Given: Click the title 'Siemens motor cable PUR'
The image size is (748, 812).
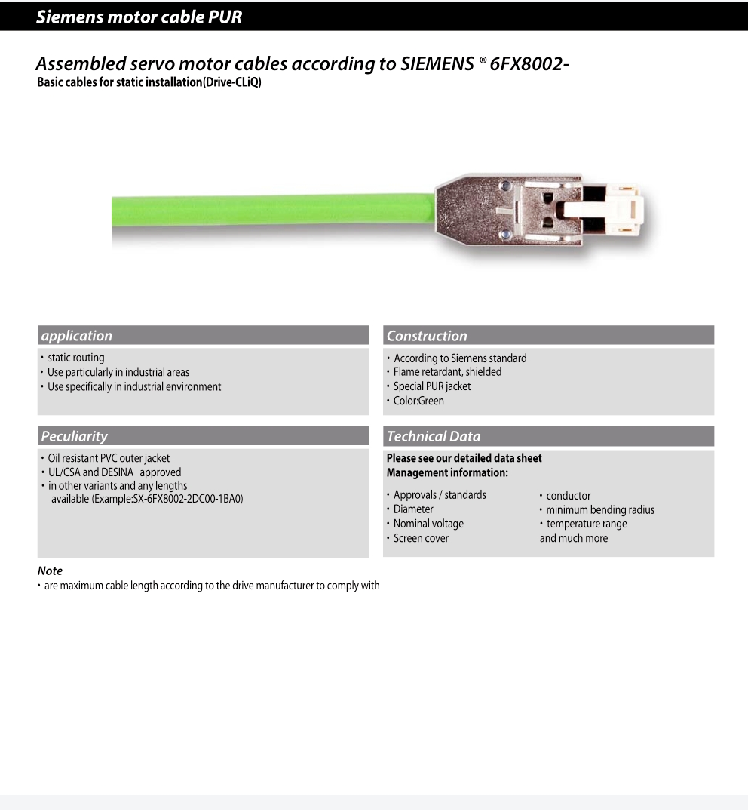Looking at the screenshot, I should (x=139, y=17).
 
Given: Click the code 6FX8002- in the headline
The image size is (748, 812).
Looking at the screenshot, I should (x=529, y=64).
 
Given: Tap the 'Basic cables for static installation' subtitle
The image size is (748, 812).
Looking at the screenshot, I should (x=149, y=82).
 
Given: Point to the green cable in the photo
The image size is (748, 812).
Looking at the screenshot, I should (x=271, y=211).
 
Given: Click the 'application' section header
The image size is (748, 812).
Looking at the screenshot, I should (x=77, y=336).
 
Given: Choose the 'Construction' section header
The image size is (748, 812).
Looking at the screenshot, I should (x=427, y=336).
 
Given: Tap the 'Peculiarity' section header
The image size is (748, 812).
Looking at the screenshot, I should (x=74, y=436).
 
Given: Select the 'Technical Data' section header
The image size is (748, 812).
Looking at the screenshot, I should (x=433, y=436).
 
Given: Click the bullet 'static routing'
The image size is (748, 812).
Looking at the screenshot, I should (x=76, y=358).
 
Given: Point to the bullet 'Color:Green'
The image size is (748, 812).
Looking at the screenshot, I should (x=418, y=401).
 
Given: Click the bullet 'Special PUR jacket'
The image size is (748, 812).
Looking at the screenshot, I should (x=432, y=386).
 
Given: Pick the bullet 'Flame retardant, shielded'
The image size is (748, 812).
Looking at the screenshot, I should (x=447, y=372).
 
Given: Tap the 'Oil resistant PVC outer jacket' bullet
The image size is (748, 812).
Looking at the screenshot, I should (x=109, y=458).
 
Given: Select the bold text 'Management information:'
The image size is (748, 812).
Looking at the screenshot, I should (x=447, y=472).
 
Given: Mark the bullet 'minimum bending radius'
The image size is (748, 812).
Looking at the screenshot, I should (x=600, y=510).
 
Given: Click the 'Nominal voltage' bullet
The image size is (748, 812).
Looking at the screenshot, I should (x=428, y=524).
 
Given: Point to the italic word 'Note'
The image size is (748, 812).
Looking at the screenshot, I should (x=50, y=571).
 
